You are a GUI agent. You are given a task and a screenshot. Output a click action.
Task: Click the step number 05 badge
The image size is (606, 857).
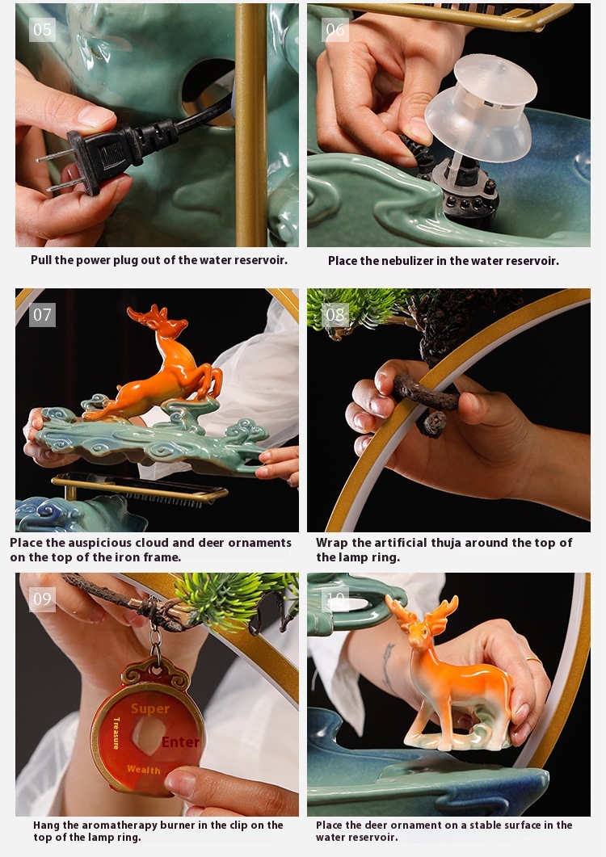tap(42, 29)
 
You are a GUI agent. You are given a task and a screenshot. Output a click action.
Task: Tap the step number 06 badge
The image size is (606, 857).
tap(335, 29)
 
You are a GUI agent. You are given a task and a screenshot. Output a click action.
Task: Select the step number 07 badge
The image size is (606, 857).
tap(42, 315)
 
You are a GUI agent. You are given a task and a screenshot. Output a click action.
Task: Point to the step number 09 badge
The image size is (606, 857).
tap(42, 599)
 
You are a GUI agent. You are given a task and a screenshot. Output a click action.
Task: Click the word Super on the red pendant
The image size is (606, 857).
tap(149, 709)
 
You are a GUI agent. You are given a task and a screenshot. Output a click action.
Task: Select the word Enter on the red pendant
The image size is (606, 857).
tap(180, 742)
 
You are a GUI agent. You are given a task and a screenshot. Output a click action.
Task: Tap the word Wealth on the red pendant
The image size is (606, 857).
tap(144, 770)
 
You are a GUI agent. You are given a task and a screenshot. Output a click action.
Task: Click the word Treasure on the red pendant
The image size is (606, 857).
tap(116, 733)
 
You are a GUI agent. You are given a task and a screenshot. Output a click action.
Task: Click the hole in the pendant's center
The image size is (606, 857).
tap(148, 735)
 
